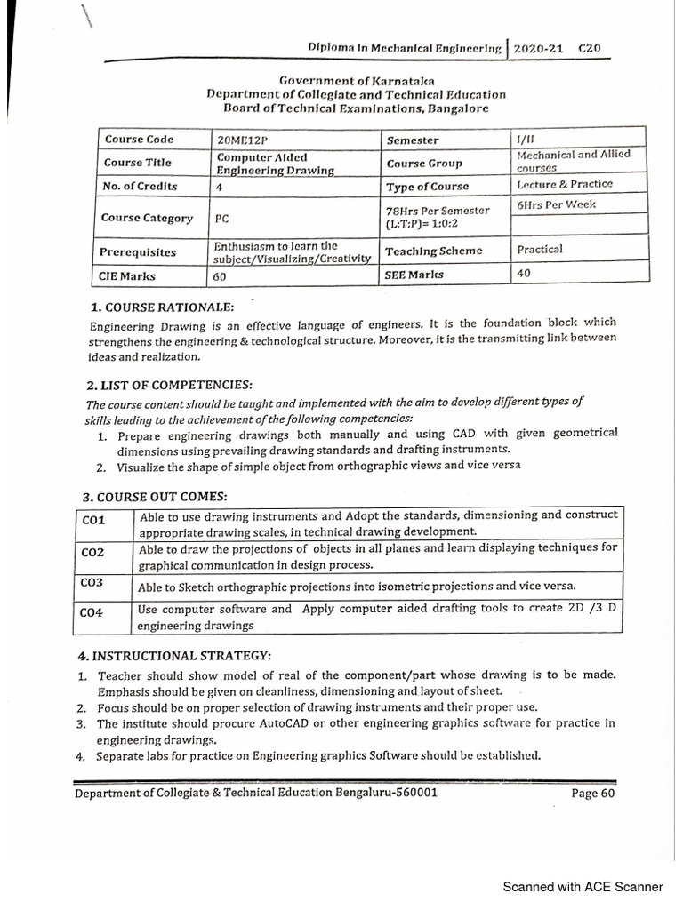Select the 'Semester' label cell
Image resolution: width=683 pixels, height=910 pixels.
point(413,140)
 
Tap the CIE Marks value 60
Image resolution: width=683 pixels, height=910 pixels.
point(220,277)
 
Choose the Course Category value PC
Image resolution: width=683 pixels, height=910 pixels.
point(221,218)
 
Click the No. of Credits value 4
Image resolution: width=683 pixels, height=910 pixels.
point(219,188)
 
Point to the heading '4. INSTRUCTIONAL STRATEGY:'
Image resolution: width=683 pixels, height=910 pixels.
point(175,656)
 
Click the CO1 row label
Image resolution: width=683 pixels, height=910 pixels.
point(93,520)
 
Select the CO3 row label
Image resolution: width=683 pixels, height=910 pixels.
point(92,583)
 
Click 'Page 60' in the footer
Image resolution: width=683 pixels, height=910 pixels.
point(592,794)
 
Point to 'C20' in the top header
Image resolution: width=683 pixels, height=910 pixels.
point(590,49)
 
